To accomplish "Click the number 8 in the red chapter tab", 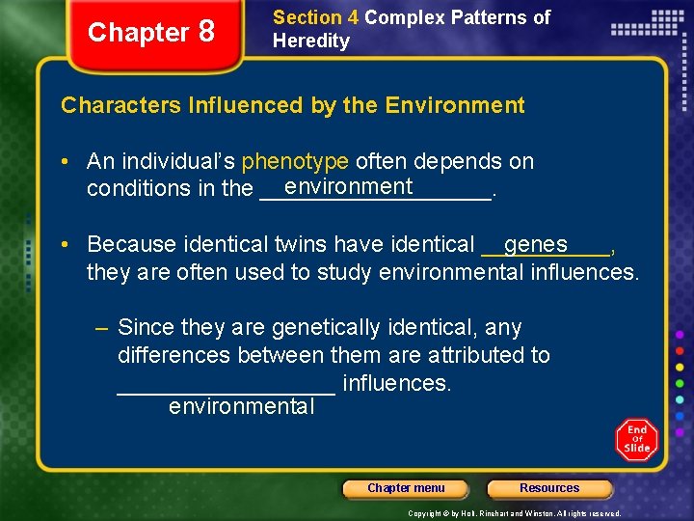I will [205, 32].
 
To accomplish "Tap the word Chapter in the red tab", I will [138, 33].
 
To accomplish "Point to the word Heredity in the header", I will [310, 41].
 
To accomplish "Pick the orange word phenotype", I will [296, 161].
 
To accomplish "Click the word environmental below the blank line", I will [241, 407].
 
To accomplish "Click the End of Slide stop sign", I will [636, 440].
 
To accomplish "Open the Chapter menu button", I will [406, 488].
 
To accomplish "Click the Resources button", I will [549, 488].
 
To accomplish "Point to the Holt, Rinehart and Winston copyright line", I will [514, 513].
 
